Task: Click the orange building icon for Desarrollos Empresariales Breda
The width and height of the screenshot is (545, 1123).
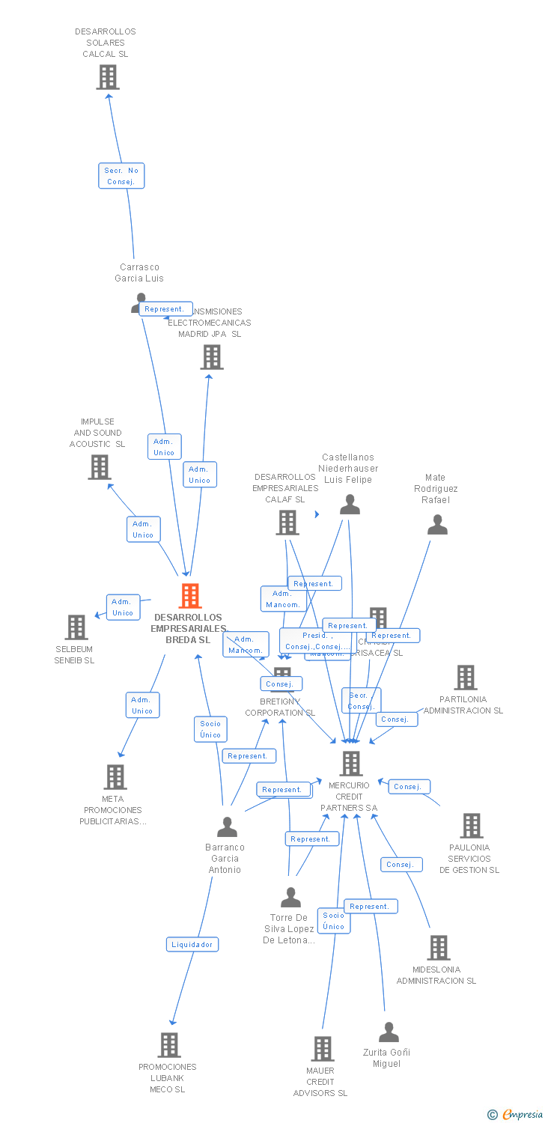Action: coord(190,596)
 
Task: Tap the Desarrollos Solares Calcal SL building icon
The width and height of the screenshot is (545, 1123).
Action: coord(108,77)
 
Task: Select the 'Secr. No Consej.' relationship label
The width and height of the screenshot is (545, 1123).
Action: coord(121,176)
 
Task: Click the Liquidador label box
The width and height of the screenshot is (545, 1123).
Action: coord(192,944)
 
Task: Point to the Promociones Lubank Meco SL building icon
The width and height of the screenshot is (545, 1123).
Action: coord(169,1044)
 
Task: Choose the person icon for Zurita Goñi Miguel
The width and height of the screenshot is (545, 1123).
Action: coord(389,1032)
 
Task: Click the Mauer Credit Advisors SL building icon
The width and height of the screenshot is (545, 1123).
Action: coord(323,1048)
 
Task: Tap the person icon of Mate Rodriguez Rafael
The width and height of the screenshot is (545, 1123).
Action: coord(437,525)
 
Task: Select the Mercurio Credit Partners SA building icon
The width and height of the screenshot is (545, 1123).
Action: coord(350,764)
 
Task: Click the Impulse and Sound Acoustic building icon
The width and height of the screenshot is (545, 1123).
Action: coord(100,467)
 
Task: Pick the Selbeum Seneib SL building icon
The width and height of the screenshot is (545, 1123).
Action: coord(76,627)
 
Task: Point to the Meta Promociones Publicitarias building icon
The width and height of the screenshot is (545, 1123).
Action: coord(115,777)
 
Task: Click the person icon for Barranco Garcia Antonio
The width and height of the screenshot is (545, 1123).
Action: coord(227,827)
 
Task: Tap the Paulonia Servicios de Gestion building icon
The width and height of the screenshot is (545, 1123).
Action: coord(471,826)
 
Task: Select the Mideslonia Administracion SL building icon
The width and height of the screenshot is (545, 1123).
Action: coord(439,948)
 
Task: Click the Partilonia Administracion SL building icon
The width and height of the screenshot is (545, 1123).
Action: coord(466,678)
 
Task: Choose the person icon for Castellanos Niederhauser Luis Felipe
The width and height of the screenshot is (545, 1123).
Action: coord(350,505)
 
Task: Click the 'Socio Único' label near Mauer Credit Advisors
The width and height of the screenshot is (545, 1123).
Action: coord(334,921)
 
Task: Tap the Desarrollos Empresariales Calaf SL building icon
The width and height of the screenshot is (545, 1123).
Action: coord(287,523)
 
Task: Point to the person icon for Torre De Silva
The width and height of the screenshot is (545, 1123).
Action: coord(290,897)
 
